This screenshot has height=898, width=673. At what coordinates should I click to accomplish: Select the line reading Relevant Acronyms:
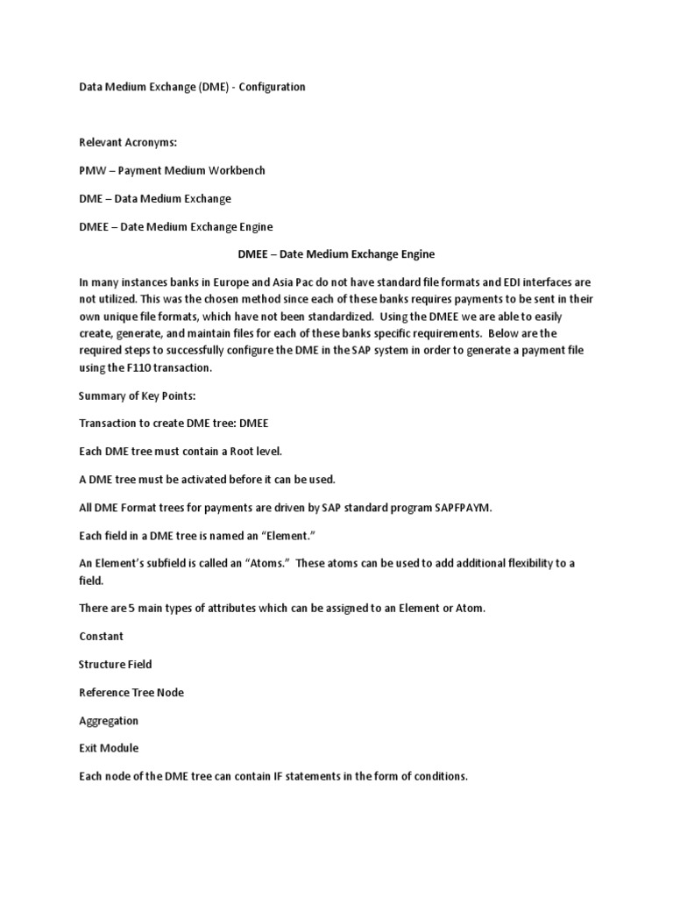click(128, 142)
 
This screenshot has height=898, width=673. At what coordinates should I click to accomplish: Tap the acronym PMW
click(91, 170)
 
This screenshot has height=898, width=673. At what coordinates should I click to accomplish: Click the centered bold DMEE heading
click(336, 254)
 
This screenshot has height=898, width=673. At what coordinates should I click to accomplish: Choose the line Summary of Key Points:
click(137, 396)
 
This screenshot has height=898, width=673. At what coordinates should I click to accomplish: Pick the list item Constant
click(101, 636)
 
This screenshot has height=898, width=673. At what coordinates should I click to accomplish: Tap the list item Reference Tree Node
click(131, 692)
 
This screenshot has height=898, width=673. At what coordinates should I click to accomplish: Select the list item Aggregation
click(109, 720)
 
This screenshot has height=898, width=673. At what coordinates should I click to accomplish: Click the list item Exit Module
click(109, 748)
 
